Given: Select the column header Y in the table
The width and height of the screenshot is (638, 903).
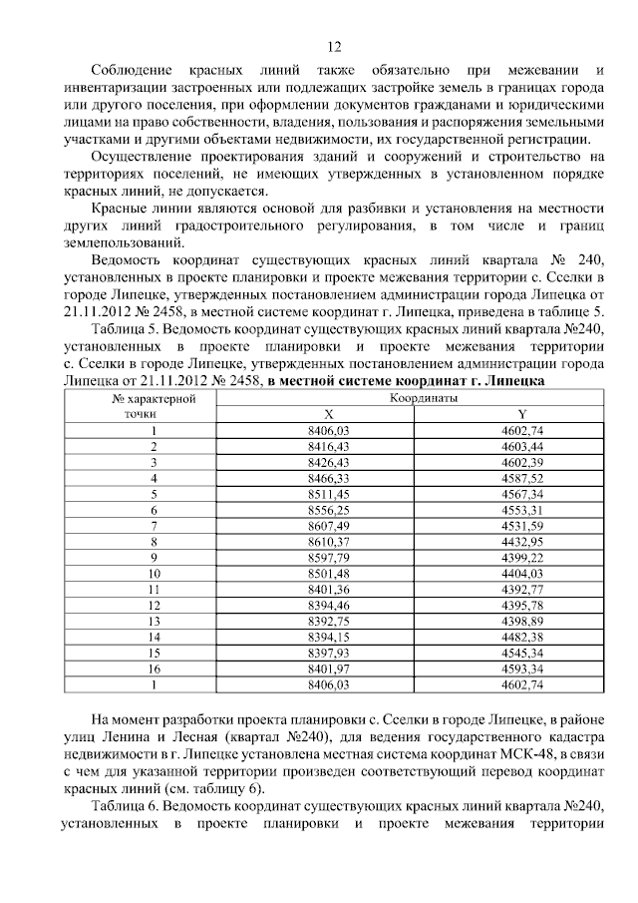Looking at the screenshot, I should tap(522, 414).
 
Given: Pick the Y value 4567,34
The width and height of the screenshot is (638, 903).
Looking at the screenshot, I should tap(522, 494).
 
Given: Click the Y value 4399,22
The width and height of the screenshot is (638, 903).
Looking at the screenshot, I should tap(522, 558).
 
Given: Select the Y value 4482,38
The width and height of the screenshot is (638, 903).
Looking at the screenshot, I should tap(522, 638).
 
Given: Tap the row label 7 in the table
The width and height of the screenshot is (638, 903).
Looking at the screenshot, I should tap(155, 526).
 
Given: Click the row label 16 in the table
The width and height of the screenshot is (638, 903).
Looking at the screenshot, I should tap(155, 670).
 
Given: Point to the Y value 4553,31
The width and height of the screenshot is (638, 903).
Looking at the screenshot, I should tap(522, 510).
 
